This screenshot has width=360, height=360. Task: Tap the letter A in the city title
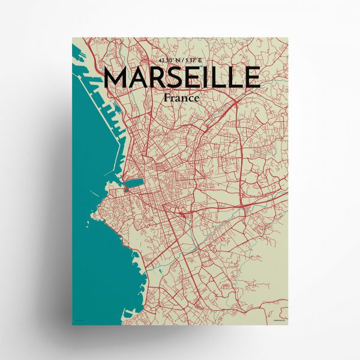[x=144, y=77]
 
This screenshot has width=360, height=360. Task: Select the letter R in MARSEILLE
[x=165, y=77]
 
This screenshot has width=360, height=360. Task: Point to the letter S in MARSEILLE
[x=184, y=77]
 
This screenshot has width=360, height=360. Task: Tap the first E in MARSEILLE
[x=202, y=77]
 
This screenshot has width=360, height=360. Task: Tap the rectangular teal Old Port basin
[x=133, y=182]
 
